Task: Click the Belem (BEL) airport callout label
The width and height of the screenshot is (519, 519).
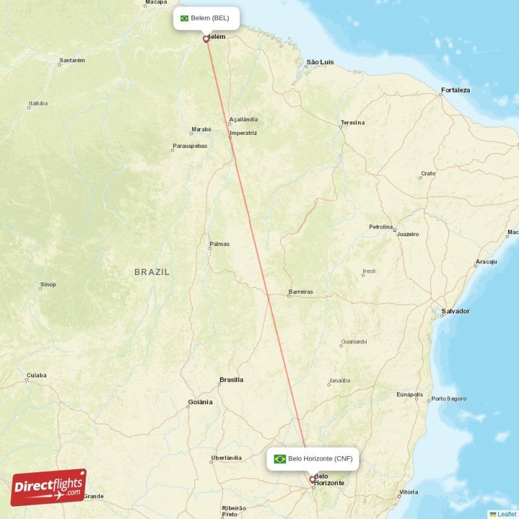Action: click(x=206, y=18)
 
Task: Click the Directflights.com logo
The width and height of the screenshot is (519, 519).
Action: click(x=48, y=487)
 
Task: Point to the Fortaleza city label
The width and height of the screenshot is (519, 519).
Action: click(x=455, y=90)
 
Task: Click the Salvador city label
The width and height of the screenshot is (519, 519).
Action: click(x=455, y=311)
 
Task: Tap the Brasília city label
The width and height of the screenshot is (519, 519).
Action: click(x=231, y=380)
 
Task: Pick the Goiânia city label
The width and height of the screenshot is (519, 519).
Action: click(x=200, y=402)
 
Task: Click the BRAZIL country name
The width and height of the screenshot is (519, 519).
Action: click(x=152, y=272)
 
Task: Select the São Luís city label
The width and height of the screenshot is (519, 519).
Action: click(x=320, y=62)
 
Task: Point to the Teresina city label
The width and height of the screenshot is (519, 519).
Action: click(x=352, y=123)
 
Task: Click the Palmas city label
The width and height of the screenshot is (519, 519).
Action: click(x=219, y=245)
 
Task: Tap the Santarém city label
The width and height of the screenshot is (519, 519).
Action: click(x=72, y=62)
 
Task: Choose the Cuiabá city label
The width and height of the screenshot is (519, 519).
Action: click(x=36, y=376)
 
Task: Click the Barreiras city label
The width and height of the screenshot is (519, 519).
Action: click(x=300, y=292)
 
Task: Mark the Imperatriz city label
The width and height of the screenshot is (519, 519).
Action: click(x=243, y=133)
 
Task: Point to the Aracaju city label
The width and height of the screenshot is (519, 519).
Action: click(x=486, y=261)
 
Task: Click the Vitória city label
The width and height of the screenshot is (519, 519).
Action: click(x=409, y=492)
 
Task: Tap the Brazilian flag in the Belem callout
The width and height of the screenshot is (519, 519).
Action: click(x=184, y=18)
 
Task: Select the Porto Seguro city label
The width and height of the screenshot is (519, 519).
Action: click(x=448, y=398)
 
